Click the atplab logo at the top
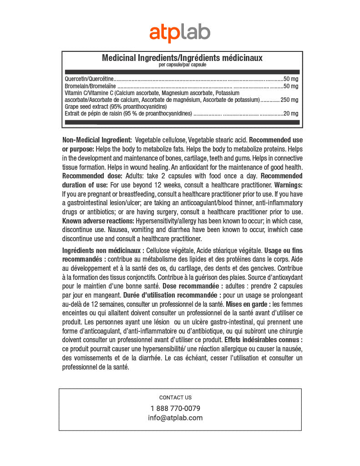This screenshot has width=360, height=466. pyautogui.click(x=180, y=33)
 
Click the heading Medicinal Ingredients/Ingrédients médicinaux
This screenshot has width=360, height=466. pyautogui.click(x=182, y=58)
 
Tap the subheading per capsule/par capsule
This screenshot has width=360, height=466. pyautogui.click(x=182, y=65)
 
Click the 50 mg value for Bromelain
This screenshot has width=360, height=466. pyautogui.click(x=291, y=86)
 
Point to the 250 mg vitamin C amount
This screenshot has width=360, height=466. pyautogui.click(x=289, y=100)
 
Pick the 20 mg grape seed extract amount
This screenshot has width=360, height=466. pyautogui.click(x=291, y=113)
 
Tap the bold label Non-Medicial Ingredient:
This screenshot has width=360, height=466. pyautogui.click(x=97, y=139)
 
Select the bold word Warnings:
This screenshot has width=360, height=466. pyautogui.click(x=288, y=185)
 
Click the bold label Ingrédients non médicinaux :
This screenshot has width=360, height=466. pyautogui.click(x=103, y=250)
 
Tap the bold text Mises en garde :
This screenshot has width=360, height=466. pyautogui.click(x=248, y=304)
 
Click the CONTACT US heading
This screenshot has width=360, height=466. pyautogui.click(x=175, y=397)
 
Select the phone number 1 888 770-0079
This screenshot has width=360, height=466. pyautogui.click(x=175, y=408)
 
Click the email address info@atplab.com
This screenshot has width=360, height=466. pyautogui.click(x=175, y=418)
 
